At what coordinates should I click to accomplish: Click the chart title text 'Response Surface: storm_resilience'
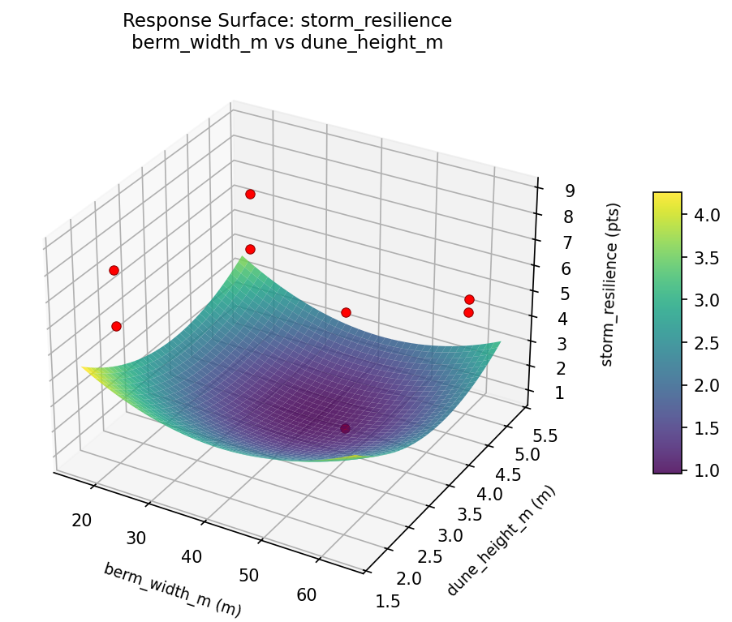[287, 20]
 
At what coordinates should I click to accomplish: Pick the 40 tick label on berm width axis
[192, 556]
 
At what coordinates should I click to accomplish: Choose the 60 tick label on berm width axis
[307, 595]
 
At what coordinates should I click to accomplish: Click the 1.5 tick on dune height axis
[388, 600]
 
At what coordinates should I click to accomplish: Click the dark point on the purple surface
[345, 428]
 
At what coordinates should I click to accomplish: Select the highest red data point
[250, 194]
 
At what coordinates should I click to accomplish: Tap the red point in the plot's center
[346, 312]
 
